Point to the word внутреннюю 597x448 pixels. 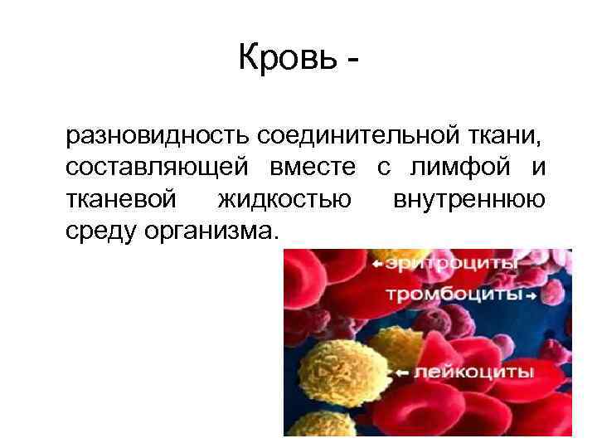pos(469,199)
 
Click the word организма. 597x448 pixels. pos(212,231)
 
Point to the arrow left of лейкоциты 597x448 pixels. pos(403,373)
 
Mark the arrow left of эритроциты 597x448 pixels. pos(378,264)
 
